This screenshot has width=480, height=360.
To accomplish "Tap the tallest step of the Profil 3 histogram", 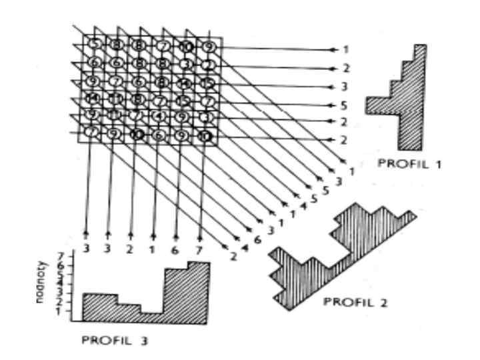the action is coord(199,291).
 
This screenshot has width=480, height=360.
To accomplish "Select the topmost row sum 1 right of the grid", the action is coord(346,50).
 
